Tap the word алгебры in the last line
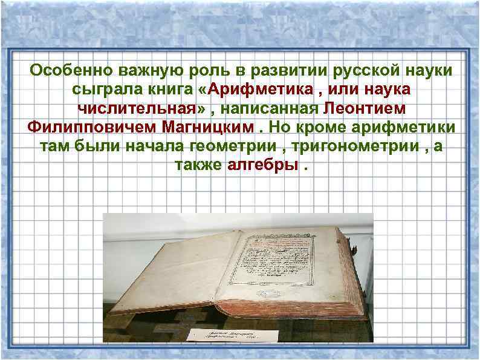coord(261,166)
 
